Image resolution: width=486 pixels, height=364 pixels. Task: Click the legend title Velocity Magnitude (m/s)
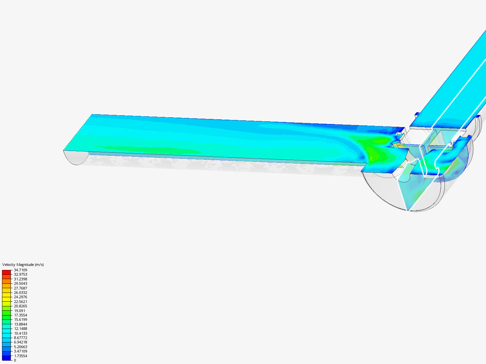(23, 265)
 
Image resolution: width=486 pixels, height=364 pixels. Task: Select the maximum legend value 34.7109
(21, 270)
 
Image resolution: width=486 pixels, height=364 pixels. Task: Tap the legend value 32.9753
(21, 274)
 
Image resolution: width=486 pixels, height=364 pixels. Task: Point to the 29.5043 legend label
(21, 283)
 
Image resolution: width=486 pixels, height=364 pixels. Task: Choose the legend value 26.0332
(21, 293)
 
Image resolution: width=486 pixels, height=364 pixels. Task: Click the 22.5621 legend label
(21, 302)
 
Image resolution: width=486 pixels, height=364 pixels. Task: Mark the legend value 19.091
(20, 311)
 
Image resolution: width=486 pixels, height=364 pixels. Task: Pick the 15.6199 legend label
(21, 320)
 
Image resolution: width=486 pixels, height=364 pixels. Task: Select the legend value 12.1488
(21, 329)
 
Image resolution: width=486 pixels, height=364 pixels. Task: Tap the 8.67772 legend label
(21, 338)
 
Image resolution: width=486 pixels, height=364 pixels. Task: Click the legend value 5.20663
(21, 347)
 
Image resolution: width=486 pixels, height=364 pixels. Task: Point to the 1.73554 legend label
(21, 356)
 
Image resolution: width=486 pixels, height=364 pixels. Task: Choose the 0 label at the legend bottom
(15, 360)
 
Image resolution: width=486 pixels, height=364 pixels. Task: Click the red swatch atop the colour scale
(6, 272)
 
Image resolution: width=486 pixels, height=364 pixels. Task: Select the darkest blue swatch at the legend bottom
(6, 358)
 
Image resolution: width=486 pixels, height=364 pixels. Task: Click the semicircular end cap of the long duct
(76, 157)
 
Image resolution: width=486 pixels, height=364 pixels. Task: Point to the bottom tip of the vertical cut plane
(408, 211)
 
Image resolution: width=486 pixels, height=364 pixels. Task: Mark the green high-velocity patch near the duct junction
(375, 155)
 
